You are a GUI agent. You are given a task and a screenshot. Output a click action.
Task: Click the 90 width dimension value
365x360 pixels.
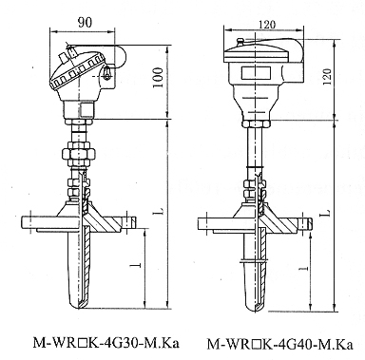[85, 23]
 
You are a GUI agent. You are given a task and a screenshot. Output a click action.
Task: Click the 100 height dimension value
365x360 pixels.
[159, 78]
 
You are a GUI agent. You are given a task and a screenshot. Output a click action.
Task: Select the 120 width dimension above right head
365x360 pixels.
[267, 25]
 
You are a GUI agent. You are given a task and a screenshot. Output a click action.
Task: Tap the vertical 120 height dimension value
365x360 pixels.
[327, 76]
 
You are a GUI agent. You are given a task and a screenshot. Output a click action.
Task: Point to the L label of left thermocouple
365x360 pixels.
[161, 211]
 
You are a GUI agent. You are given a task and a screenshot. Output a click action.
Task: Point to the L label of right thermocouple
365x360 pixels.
[328, 213]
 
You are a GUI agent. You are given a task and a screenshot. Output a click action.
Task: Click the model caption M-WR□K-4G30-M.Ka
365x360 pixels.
[106, 343]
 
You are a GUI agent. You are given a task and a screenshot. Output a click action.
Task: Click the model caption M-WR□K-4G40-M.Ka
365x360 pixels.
[280, 344]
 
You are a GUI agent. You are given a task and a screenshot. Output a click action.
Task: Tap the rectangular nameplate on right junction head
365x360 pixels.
[256, 73]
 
